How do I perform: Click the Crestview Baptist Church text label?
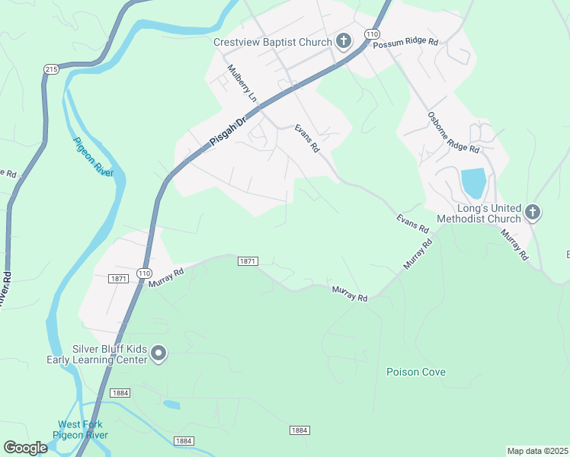(x=273, y=42)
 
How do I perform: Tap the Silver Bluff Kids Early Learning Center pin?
(x=159, y=353)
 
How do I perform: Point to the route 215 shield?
(x=51, y=69)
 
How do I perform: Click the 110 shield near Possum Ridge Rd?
(x=371, y=35)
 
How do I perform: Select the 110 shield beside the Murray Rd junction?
(x=144, y=273)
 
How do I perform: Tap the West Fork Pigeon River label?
(x=80, y=430)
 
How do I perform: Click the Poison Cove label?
(x=415, y=372)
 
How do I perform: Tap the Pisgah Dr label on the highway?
(x=229, y=131)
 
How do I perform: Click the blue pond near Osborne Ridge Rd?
(x=472, y=183)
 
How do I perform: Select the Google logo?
(x=25, y=448)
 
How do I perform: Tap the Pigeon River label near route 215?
(x=94, y=156)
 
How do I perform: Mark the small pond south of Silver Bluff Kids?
(x=171, y=404)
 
